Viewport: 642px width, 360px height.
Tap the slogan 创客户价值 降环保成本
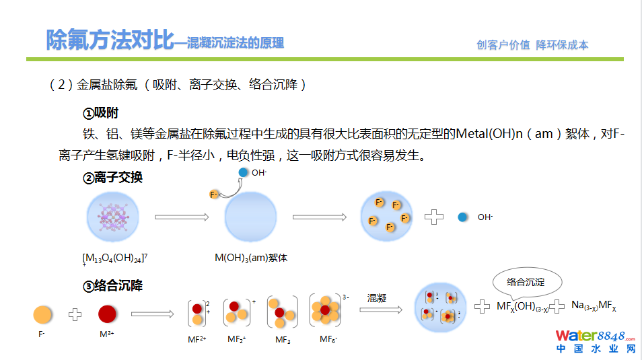532,45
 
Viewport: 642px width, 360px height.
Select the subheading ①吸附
101,113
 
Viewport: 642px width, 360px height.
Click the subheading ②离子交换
112,178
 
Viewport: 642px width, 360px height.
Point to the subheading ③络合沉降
112,286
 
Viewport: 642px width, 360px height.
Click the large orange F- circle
42,314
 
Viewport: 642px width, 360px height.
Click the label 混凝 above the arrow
377,297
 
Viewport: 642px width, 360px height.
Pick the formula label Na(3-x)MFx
593,305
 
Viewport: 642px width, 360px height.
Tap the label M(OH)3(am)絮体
251,258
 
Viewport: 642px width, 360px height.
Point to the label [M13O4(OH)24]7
114,258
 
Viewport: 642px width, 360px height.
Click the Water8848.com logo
596,341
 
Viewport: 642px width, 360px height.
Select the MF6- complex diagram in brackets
326,311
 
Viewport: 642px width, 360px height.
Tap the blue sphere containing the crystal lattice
112,217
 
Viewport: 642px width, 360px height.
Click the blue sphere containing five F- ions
386,217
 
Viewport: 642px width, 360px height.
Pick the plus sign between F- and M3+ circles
75,314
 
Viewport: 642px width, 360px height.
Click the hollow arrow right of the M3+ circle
153,314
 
